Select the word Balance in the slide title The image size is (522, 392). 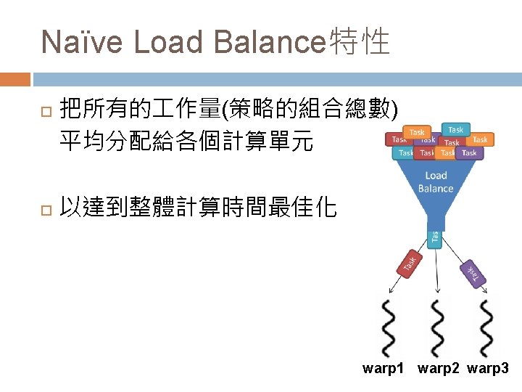point(268,42)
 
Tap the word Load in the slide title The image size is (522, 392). point(169,42)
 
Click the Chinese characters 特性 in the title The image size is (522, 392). point(360,42)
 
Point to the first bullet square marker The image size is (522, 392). point(46,111)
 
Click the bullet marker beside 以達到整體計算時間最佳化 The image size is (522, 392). point(46,211)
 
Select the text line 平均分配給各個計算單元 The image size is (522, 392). point(186,142)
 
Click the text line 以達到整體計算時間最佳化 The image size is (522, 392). point(198,209)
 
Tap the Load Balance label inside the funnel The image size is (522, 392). point(435,181)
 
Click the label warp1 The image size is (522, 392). point(383,369)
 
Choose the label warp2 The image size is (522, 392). point(439,369)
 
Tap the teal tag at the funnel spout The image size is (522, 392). point(434,238)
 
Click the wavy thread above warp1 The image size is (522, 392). point(388,326)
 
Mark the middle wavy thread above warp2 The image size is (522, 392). point(436,326)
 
